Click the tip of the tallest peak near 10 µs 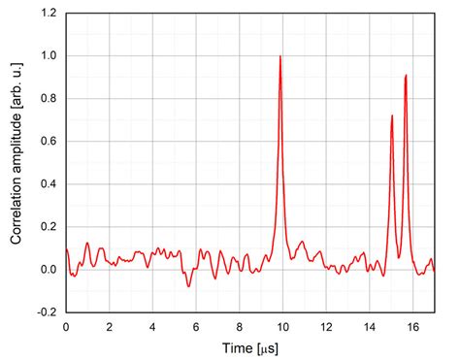(x=280, y=56)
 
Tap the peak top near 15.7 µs (x=406, y=75)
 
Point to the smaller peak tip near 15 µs (x=392, y=115)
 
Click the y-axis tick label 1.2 (x=48, y=14)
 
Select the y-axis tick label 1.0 (x=48, y=56)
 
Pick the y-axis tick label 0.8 (x=48, y=99)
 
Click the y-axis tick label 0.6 (x=48, y=142)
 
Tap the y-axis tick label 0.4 (x=48, y=184)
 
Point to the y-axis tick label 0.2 (x=48, y=227)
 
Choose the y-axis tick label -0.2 (x=46, y=312)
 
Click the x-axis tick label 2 (x=109, y=327)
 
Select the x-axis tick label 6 (x=196, y=327)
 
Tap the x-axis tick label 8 (x=240, y=327)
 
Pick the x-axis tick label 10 (x=282, y=327)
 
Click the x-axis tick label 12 (x=326, y=327)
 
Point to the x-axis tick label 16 (x=412, y=327)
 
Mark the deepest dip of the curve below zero (x=188, y=286)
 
